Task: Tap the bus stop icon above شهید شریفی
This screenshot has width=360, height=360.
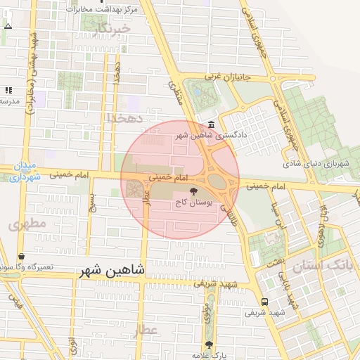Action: (x=264, y=301)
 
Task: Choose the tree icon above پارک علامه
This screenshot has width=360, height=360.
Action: (x=208, y=345)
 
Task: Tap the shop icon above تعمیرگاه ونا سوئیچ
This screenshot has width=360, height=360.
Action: (x=21, y=257)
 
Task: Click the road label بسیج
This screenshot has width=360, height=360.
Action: (x=91, y=202)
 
